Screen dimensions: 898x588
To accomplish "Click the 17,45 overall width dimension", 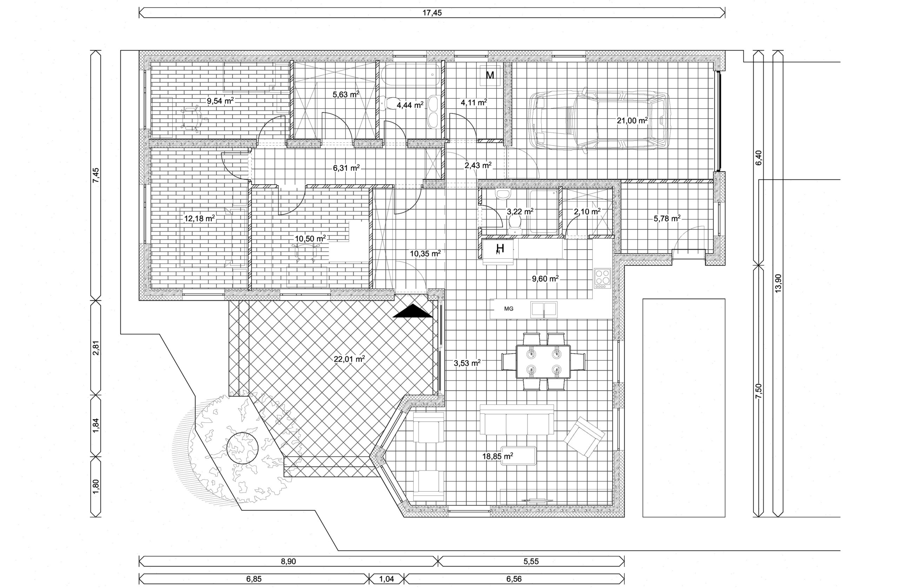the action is tap(432, 13).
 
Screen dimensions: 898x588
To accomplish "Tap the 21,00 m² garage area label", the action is tap(632, 120).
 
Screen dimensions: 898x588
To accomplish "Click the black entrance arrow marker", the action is tap(413, 311).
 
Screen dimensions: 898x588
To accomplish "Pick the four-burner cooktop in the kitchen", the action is tap(603, 278).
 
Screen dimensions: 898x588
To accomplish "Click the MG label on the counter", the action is tap(509, 309).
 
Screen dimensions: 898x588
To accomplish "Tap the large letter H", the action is tap(500, 248).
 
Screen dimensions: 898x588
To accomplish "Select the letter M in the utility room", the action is tap(490, 75).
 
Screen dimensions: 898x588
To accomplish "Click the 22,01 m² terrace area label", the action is tap(349, 359).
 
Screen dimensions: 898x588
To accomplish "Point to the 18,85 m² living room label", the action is tap(497, 456).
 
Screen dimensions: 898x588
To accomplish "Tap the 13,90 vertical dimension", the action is tap(778, 283).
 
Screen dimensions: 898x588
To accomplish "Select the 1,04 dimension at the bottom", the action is tap(386, 579).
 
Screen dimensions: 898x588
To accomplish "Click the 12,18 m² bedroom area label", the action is tap(200, 218).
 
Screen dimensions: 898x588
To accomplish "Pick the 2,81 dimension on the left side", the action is tap(97, 348).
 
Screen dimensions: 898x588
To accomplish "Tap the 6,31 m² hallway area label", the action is tap(346, 168).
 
